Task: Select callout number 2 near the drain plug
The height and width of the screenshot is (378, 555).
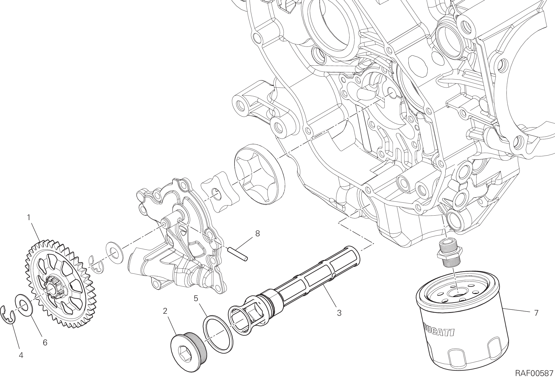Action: tap(165, 311)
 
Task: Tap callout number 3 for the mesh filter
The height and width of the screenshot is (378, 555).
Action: tap(339, 313)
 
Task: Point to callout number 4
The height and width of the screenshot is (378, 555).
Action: tap(21, 356)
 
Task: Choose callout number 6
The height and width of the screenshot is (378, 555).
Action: tap(45, 342)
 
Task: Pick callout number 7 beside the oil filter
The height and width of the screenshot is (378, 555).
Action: tap(536, 313)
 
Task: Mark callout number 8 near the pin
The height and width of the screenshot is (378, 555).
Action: tap(257, 233)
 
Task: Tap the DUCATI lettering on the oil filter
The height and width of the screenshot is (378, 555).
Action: tap(438, 330)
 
